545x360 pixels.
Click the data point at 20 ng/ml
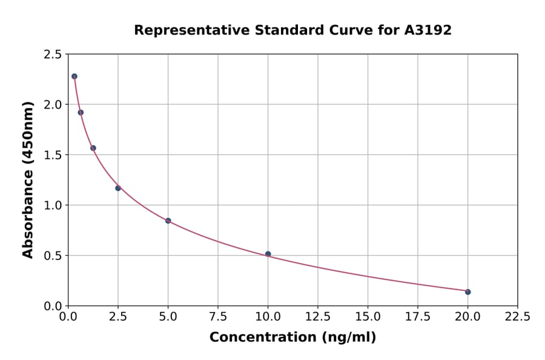467,292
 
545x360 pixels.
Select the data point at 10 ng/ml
268,254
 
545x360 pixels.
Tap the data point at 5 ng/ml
168,221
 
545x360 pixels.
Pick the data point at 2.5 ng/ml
118,188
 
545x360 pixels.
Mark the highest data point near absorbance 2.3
74,76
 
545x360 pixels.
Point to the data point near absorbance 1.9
81,112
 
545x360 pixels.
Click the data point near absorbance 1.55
93,148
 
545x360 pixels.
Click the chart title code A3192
428,30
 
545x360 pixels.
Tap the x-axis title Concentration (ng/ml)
292,338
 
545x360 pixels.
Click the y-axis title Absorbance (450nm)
28,179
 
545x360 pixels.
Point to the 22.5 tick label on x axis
517,316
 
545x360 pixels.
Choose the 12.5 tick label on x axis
318,316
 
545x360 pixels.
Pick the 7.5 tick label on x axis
218,316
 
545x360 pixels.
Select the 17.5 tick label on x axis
418,316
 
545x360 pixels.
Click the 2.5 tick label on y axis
53,55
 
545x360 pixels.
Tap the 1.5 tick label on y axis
53,155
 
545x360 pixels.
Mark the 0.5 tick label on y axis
53,256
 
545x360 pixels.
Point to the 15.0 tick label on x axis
368,316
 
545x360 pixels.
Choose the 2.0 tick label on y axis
53,105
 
